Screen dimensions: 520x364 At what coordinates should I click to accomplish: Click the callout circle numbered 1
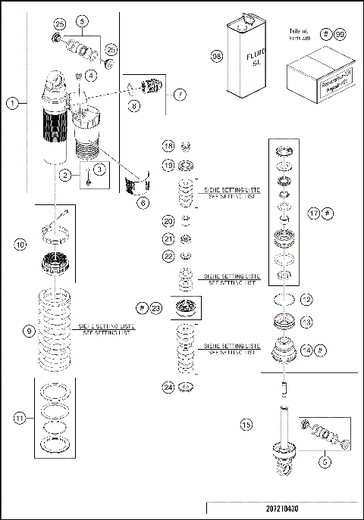point(12,104)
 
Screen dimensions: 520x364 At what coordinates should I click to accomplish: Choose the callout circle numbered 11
point(19,417)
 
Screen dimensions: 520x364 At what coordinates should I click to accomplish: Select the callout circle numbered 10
point(20,244)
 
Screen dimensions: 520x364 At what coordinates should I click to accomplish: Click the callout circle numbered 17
point(315,214)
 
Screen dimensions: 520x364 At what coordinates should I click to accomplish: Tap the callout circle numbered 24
point(168,388)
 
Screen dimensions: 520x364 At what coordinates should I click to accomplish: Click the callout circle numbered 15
point(246,425)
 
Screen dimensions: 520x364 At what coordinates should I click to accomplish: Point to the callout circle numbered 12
point(306,300)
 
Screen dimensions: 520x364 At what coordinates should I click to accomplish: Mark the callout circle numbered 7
point(179,95)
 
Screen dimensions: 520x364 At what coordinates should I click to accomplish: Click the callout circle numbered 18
point(168,146)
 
